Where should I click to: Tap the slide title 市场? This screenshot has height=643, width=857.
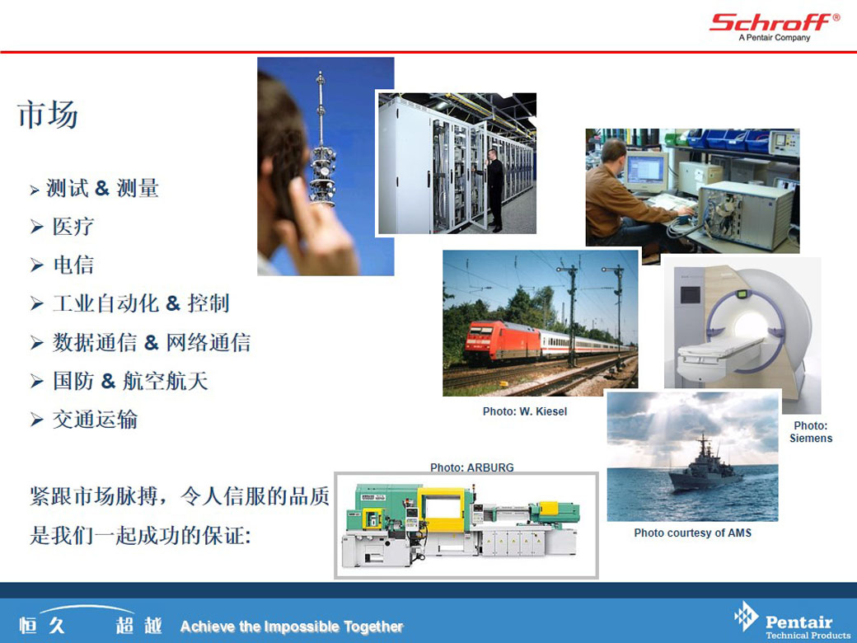pos(48,115)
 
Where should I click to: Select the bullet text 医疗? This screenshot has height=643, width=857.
pos(73,227)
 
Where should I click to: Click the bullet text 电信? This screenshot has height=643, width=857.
pos(73,265)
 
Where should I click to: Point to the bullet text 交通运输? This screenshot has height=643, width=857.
pos(95,420)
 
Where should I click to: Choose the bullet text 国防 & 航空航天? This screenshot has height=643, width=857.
pos(131,381)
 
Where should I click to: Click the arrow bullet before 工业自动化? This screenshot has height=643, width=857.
pos(36,303)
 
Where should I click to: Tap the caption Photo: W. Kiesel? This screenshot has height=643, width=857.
pos(525,411)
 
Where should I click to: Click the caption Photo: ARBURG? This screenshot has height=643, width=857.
pos(471,467)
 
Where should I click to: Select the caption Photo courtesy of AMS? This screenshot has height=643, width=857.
pos(692,533)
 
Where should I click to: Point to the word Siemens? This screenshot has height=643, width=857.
pos(811,439)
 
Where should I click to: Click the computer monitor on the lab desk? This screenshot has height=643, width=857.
pos(646,171)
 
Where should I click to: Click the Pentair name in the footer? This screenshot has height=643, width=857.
pos(798,622)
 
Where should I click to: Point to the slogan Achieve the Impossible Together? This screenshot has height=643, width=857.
pos(292,627)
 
